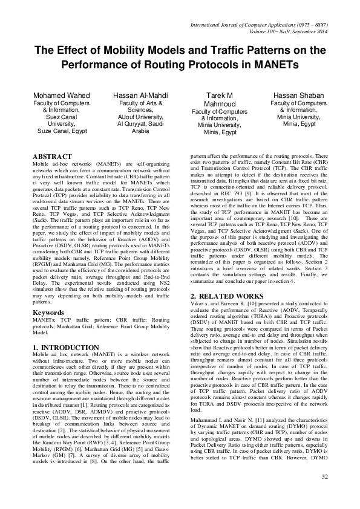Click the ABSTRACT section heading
53,157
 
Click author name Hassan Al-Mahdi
140,96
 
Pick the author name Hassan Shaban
291,96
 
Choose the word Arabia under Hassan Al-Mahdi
140,130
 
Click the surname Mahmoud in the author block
212,104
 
